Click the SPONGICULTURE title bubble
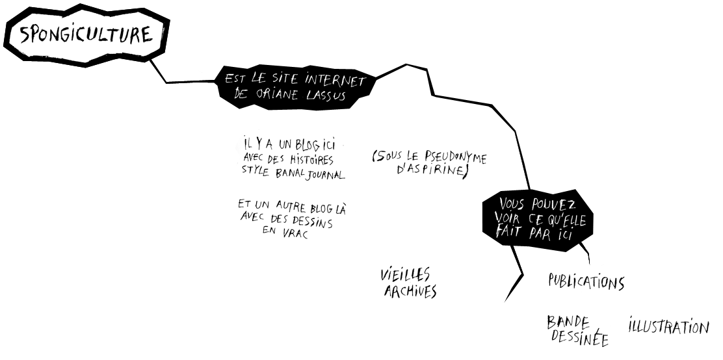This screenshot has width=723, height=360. click(86, 36)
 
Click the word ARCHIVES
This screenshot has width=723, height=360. click(410, 291)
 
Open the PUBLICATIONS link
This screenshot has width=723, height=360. click(585, 282)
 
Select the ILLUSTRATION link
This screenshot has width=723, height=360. click(668, 326)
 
